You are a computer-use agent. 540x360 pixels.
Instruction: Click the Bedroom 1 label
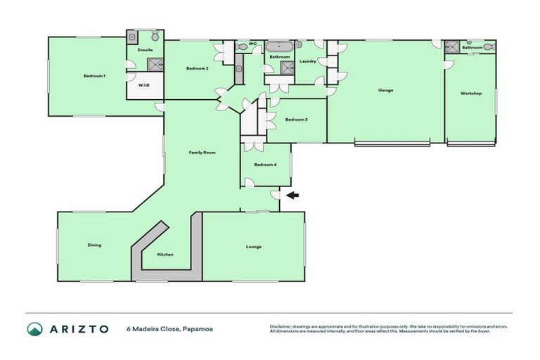pos(94,76)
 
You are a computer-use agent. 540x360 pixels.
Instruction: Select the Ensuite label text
pos(146,50)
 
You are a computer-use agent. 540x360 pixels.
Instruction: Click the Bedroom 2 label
pos(197,68)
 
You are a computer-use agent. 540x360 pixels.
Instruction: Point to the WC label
pos(252,44)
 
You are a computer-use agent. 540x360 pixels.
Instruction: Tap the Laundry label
pos(307,62)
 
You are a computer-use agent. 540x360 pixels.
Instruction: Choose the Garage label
pos(385,90)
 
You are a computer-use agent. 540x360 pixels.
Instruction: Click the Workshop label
pos(470,93)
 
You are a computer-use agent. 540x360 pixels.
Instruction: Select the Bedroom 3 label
pos(296,120)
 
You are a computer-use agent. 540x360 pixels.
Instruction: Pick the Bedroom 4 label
pos(265,165)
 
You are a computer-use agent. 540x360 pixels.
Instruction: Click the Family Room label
pos(202,152)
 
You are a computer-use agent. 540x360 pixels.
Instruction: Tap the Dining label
pos(94,245)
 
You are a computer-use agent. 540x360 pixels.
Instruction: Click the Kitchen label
pos(165,255)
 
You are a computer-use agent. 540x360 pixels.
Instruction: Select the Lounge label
pos(254,247)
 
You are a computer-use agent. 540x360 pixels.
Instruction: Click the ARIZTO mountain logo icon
pos(35,328)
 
